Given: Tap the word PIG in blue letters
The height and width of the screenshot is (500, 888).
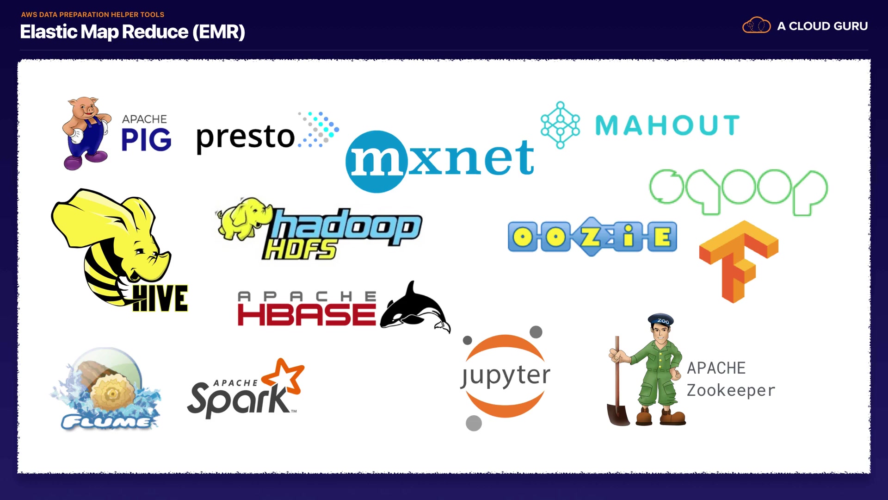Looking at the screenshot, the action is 146,140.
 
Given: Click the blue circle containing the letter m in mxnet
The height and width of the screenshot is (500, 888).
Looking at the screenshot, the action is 376,162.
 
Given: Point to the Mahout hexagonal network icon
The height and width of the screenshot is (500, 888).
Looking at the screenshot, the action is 560,125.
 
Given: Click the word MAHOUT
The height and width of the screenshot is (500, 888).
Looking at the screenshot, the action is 667,125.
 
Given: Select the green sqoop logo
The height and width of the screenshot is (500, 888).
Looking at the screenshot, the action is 738,191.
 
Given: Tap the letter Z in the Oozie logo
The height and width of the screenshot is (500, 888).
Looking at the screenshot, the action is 591,237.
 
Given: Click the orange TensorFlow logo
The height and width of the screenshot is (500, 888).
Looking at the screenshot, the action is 739,261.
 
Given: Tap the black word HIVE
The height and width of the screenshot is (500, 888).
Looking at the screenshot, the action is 160,299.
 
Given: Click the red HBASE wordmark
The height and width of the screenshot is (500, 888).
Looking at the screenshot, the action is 306,315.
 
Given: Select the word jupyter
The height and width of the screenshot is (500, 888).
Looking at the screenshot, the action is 506,375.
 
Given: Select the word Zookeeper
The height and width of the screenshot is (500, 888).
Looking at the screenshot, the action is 731,390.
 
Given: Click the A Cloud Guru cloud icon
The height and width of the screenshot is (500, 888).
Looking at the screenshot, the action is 756,26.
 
